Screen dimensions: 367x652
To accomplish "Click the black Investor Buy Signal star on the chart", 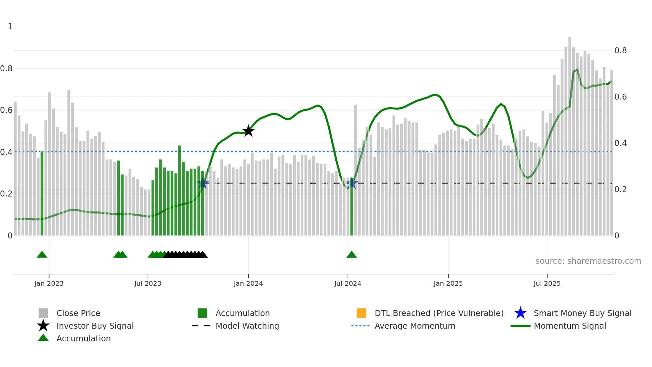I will [x=248, y=131].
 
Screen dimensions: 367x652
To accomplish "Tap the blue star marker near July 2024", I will [x=352, y=183].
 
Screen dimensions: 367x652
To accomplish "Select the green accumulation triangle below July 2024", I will [x=352, y=255].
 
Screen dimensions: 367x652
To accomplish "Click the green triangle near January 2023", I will [x=42, y=255].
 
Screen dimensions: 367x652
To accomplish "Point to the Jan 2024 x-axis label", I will [x=248, y=283].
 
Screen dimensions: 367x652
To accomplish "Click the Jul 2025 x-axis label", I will [x=547, y=283].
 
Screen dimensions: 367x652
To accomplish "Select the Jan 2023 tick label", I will [x=49, y=283].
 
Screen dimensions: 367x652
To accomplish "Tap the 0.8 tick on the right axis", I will [x=620, y=51].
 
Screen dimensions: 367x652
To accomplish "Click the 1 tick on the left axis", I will [x=10, y=27].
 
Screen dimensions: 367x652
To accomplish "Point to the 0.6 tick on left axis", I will [x=6, y=110].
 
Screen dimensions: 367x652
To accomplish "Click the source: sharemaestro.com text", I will [x=588, y=261].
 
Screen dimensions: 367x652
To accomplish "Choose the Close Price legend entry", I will [x=78, y=313].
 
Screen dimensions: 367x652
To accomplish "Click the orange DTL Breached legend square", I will [x=361, y=313].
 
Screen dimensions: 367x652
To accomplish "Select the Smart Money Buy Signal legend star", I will [x=520, y=313].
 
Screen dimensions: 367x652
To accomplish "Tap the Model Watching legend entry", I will [x=247, y=326].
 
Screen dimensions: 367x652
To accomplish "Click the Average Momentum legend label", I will [x=414, y=326].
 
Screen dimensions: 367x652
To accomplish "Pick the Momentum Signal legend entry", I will [x=570, y=326].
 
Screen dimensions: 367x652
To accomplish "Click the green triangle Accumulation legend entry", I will [x=83, y=338].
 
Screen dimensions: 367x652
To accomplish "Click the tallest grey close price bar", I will [x=570, y=133].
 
